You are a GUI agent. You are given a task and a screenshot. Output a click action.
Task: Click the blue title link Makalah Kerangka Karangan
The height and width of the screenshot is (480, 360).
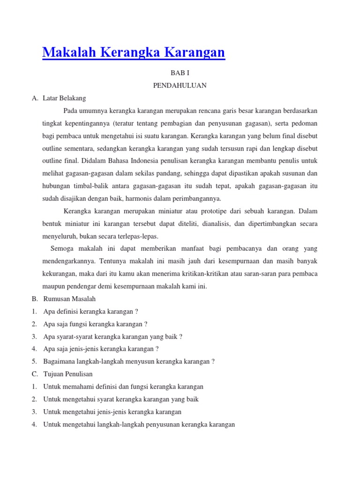[134, 52]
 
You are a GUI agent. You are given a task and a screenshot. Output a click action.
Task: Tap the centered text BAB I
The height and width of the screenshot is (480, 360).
[180, 73]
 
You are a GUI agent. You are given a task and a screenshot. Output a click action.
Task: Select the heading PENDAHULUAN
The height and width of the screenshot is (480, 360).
[180, 85]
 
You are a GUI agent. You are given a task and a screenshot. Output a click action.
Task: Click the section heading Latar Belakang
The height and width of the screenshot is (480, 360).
[64, 98]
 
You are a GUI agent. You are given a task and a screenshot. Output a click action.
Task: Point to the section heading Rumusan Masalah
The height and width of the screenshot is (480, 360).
[69, 299]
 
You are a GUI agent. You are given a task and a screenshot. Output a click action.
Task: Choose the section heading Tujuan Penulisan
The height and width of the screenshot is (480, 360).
[68, 374]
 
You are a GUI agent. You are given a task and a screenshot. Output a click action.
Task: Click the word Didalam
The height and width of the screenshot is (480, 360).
[90, 161]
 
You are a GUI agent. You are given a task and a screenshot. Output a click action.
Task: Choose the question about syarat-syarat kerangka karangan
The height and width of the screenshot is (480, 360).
[112, 336]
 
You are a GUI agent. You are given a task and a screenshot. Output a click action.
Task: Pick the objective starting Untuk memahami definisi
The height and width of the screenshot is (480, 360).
[123, 387]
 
